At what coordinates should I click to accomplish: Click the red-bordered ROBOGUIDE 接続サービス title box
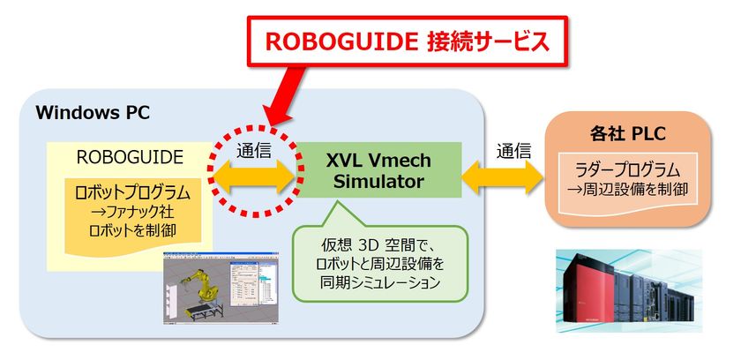(407, 41)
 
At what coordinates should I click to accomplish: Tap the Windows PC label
(93, 112)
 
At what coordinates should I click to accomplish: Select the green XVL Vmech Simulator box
(378, 170)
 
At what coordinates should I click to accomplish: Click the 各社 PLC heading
(627, 135)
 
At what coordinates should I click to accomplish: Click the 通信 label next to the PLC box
(513, 150)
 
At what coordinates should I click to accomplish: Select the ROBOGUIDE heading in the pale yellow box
(130, 157)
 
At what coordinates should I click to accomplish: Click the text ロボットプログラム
(132, 193)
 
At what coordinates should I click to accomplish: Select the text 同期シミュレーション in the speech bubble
(380, 282)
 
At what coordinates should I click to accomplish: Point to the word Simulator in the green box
(378, 182)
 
